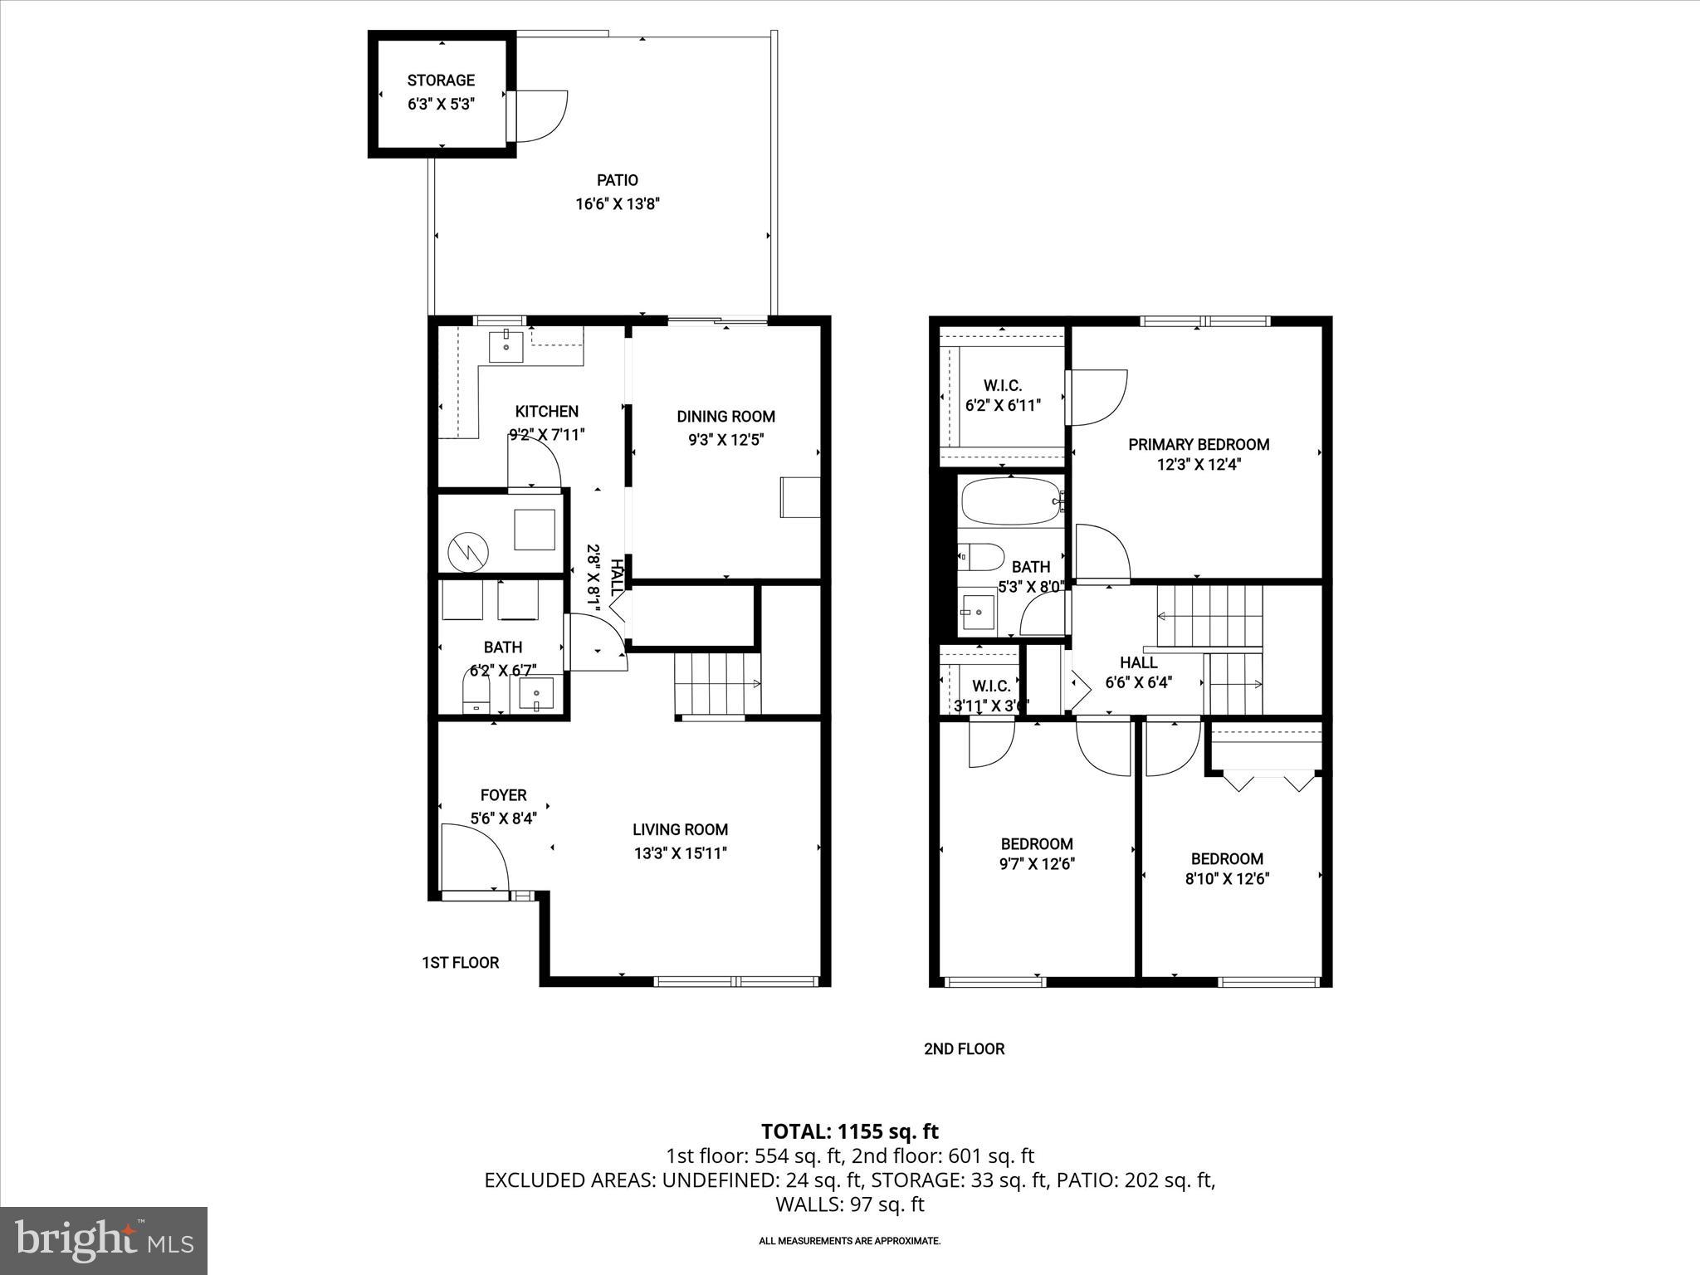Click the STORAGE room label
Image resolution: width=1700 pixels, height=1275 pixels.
point(441,81)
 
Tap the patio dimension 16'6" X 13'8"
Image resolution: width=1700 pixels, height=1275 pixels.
point(618,204)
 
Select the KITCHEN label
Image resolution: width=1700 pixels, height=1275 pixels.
point(546,412)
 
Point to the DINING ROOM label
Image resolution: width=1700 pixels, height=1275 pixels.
point(725,417)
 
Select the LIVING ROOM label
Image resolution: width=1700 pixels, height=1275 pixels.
point(680,829)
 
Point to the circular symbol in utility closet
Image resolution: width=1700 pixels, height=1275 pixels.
point(468,552)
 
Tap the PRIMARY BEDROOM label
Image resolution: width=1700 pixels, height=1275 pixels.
point(1199,445)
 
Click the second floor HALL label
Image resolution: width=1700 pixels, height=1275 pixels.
point(1138,662)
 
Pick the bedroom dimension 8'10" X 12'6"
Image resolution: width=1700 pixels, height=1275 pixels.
point(1227,879)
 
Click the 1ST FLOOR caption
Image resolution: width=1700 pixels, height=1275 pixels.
point(461,963)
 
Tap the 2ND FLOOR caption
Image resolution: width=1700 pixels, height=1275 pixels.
point(964,1049)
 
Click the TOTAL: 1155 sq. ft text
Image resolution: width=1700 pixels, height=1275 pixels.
point(849,1131)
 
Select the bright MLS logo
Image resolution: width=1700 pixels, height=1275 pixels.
point(104,1242)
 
